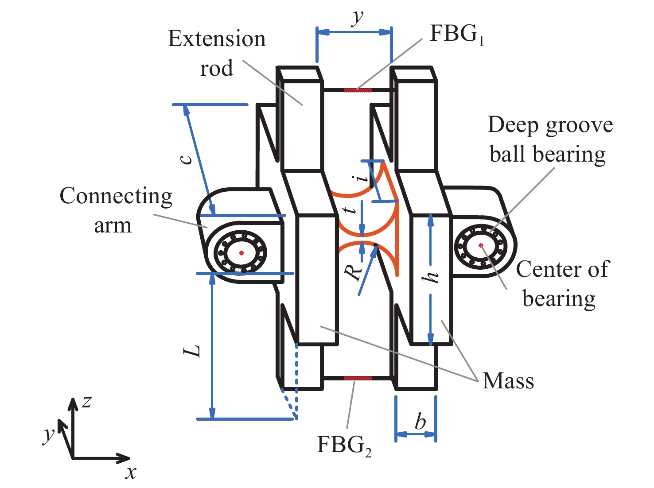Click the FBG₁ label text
tap(457, 34)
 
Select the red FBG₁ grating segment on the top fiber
tap(358, 90)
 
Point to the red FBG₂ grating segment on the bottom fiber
tap(358, 378)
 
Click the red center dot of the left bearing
tap(241, 253)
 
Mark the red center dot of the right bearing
tap(481, 245)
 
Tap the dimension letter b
tap(420, 420)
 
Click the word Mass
tap(508, 381)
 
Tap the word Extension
tap(217, 39)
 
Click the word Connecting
tap(116, 197)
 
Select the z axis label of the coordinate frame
tap(86, 402)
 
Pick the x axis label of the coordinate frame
tap(131, 473)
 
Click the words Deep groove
tap(550, 125)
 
